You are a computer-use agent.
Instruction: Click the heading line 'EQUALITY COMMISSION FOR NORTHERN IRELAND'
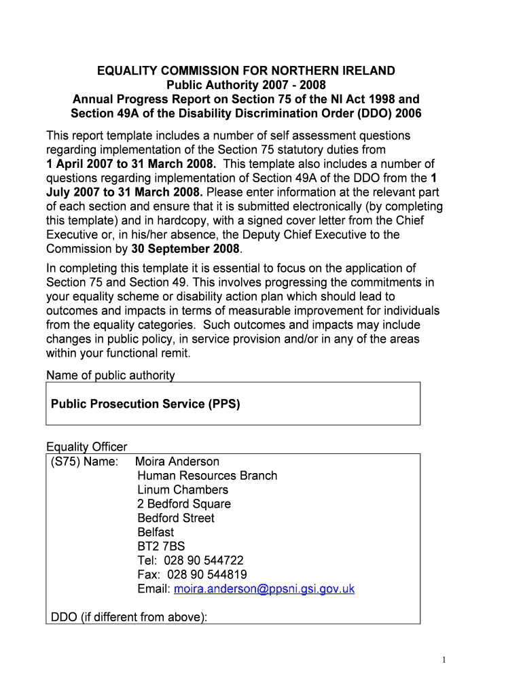246,71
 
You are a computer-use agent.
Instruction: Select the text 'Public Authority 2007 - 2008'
246,85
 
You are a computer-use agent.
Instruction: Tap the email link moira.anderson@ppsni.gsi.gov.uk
264,589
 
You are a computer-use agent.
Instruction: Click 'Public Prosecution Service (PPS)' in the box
145,404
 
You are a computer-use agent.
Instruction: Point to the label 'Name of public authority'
111,376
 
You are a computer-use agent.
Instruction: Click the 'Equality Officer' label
87,447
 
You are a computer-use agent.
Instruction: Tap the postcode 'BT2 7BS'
161,546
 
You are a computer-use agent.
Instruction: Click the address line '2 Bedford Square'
184,504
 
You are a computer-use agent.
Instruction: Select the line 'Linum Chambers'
183,489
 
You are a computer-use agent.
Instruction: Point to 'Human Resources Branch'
207,476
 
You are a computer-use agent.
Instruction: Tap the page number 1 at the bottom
443,660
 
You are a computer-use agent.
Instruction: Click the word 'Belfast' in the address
156,532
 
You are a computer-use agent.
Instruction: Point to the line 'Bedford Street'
176,518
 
